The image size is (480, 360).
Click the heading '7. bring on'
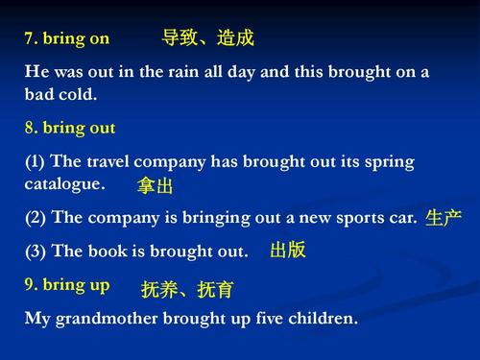pos(66,39)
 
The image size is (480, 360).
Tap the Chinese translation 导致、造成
pos(208,38)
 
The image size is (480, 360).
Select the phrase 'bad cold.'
pos(61,96)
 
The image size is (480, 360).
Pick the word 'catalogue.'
pos(64,182)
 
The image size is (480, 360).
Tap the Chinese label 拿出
pos(156,185)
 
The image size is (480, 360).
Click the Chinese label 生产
pos(444,218)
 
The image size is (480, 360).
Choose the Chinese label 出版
pos(288,251)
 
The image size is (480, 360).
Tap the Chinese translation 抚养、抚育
pos(187,289)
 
